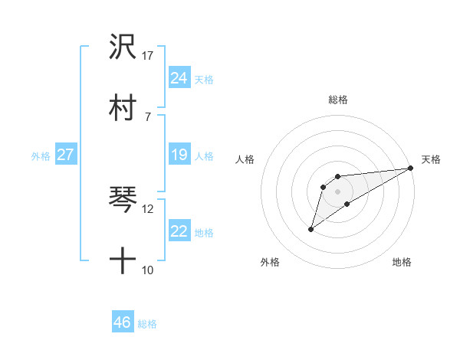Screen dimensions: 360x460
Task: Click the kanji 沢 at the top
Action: (123, 47)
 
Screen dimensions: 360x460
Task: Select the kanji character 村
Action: (123, 107)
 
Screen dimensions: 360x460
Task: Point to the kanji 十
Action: (123, 261)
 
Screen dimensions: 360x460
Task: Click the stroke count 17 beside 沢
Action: (148, 56)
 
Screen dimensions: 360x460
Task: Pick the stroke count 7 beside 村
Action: (147, 116)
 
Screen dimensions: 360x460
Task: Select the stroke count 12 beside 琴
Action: (148, 208)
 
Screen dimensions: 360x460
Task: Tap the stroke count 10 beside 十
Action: (148, 270)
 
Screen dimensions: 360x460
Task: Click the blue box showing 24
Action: (179, 78)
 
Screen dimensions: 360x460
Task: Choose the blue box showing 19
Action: (179, 155)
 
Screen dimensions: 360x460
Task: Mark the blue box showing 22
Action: (179, 231)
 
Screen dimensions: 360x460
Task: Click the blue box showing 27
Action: (65, 155)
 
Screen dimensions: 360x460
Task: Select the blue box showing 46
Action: (123, 322)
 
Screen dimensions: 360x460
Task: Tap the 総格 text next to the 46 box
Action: (147, 324)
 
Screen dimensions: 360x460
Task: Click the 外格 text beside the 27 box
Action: (41, 156)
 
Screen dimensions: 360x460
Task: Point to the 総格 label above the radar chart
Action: (338, 100)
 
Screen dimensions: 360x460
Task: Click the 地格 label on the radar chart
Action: (402, 263)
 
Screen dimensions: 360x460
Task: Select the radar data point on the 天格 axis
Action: (412, 168)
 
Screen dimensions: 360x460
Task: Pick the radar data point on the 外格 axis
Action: (310, 229)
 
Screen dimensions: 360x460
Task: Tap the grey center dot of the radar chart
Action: (337, 191)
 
